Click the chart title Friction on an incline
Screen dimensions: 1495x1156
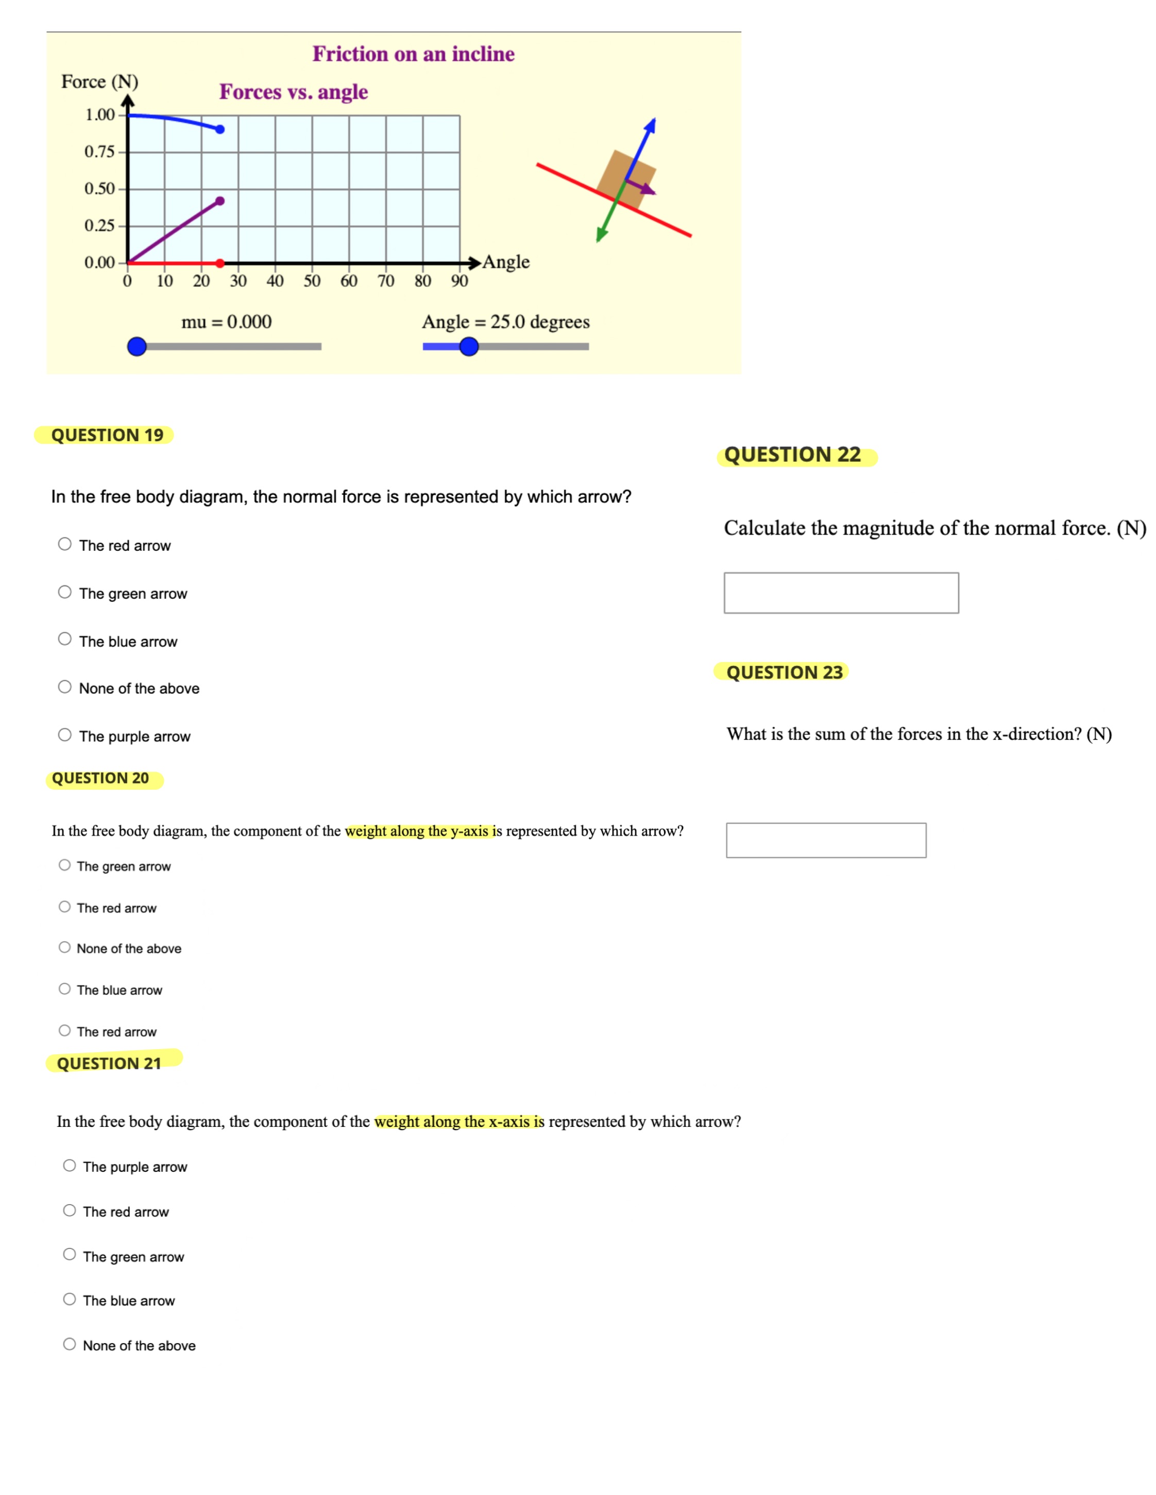click(413, 54)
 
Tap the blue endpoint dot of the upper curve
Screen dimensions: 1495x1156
click(220, 129)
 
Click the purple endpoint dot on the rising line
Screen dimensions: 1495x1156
click(220, 201)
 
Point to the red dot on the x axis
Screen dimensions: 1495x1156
click(220, 263)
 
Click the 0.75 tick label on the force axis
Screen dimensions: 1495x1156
click(99, 151)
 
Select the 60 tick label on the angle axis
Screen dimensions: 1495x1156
click(349, 281)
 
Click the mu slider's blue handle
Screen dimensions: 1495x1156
click(137, 346)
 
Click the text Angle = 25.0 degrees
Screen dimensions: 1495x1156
click(505, 322)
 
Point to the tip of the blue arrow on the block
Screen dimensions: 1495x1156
click(653, 121)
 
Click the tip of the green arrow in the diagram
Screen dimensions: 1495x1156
click(599, 239)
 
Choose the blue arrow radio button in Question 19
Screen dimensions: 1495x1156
click(64, 639)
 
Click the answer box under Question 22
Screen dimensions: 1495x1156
click(841, 593)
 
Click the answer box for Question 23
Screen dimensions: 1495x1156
click(826, 840)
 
